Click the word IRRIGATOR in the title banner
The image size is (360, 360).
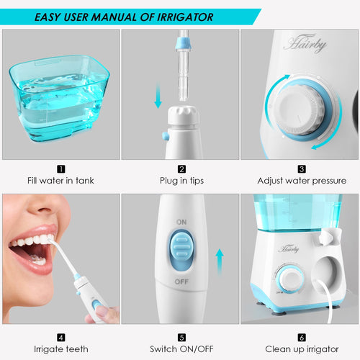185,17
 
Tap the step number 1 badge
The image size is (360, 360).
61,169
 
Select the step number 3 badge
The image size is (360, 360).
302,169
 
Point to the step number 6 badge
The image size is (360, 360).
302,338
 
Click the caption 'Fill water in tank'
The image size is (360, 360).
60,181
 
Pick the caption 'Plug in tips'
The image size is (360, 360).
181,181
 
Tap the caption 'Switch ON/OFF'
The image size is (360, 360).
181,349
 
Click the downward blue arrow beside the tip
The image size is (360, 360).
158,95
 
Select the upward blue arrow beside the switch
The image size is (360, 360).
220,263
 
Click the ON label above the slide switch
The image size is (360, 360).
181,222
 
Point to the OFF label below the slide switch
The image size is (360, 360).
181,282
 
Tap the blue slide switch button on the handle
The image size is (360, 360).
181,247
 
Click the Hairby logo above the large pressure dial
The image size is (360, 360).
305,43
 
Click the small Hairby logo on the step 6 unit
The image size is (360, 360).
289,249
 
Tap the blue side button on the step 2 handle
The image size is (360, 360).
166,136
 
